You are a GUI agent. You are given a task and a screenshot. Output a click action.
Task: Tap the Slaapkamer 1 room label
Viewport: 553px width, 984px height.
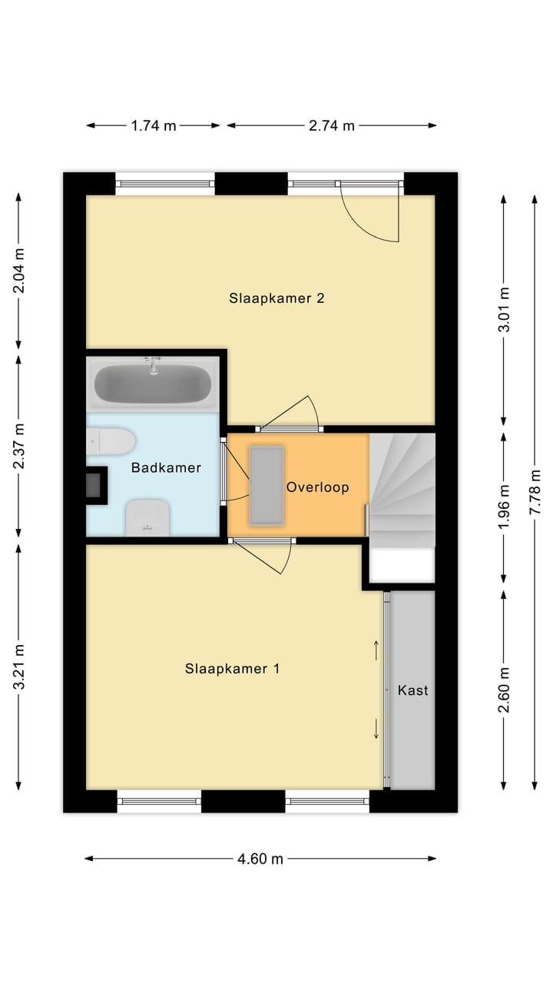tap(232, 669)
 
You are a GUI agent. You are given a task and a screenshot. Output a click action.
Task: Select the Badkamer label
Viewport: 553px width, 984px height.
tap(166, 467)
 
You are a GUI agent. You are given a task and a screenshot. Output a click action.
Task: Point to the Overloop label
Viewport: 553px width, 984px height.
tap(317, 487)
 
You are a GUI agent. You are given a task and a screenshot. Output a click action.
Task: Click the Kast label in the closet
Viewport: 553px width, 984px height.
tap(412, 690)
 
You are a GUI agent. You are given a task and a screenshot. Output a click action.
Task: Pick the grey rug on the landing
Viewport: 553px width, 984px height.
tap(266, 485)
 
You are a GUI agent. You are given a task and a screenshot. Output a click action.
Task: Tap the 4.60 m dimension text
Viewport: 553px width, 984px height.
tap(260, 859)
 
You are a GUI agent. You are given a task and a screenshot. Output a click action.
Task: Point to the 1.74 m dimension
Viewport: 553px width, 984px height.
tap(154, 126)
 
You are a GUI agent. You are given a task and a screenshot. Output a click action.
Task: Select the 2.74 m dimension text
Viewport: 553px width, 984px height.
tap(332, 126)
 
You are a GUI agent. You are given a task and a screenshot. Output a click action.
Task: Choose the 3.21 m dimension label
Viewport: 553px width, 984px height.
tap(19, 667)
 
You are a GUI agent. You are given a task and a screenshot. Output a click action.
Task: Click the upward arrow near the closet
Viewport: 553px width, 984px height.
tap(376, 650)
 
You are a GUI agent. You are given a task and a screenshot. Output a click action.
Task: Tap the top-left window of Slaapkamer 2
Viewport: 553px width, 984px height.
tap(164, 184)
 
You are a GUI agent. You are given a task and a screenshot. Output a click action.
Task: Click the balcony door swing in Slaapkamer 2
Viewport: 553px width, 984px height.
tap(373, 215)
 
